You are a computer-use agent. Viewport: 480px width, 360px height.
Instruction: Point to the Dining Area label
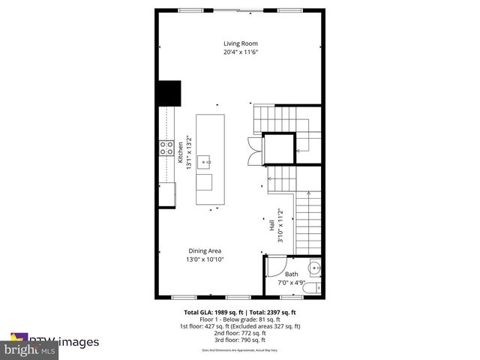204,250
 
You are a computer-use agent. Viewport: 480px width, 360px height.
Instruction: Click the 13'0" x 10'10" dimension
204,259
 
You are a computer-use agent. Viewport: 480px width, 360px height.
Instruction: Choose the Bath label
291,274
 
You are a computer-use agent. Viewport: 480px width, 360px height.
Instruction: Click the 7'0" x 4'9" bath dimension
291,283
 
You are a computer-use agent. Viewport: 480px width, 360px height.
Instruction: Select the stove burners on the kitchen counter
166,148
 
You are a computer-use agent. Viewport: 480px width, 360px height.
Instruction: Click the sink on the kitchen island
209,160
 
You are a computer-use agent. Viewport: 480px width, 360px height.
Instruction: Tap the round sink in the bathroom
315,267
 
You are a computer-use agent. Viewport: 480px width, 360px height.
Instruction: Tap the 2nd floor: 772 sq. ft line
239,332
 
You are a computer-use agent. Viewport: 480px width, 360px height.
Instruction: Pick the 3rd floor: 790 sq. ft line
239,339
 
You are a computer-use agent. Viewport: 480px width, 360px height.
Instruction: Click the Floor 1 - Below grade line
239,319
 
